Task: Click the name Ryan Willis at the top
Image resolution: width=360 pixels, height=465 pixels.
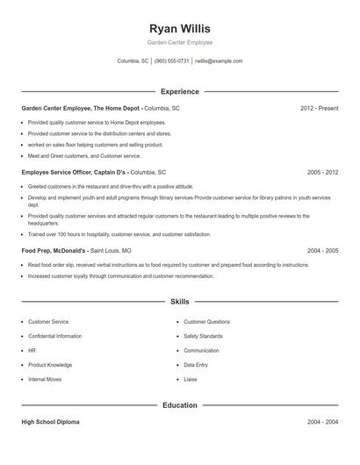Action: pyautogui.click(x=180, y=28)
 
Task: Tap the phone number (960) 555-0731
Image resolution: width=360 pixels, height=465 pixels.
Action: pyautogui.click(x=171, y=61)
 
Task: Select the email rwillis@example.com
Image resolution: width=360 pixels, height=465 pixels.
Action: pyautogui.click(x=219, y=61)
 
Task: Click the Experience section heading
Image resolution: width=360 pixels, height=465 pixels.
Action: pyautogui.click(x=180, y=91)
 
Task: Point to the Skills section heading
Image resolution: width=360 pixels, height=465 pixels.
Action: pyautogui.click(x=180, y=301)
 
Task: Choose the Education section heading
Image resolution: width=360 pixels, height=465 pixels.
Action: pyautogui.click(x=180, y=405)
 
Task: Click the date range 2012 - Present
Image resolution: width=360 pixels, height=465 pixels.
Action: pyautogui.click(x=319, y=108)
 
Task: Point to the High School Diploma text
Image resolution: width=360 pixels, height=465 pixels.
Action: pyautogui.click(x=50, y=422)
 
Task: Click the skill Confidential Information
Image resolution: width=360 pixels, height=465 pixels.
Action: pyautogui.click(x=55, y=336)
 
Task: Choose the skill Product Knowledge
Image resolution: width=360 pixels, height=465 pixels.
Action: pyautogui.click(x=50, y=364)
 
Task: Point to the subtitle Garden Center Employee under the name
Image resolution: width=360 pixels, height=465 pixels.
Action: pyautogui.click(x=180, y=42)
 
